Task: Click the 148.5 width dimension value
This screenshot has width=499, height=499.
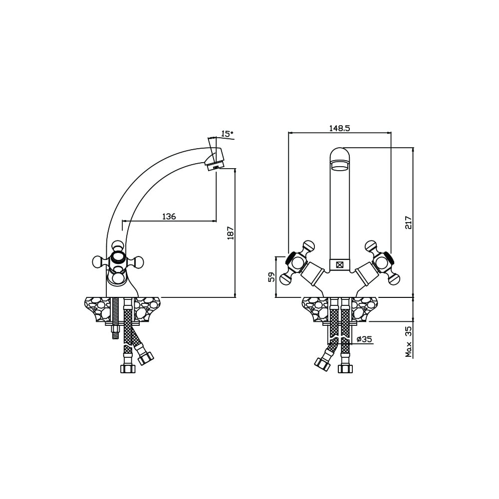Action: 339,128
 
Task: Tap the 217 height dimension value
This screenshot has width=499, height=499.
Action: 408,223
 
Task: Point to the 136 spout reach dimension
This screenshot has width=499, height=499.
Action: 169,217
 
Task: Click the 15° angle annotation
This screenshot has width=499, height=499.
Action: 227,134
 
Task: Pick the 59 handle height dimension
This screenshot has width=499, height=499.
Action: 271,277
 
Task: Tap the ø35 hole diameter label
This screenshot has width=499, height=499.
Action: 364,339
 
